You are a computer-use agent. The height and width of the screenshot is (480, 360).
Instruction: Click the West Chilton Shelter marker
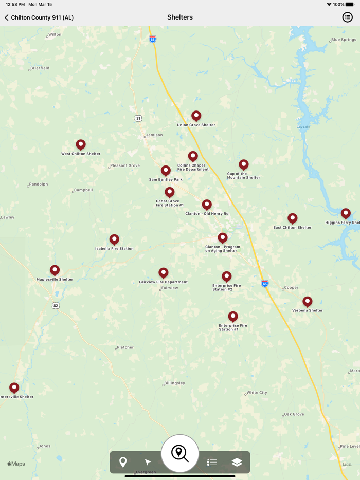coord(81,145)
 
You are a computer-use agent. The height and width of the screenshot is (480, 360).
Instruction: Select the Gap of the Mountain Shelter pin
coord(244,164)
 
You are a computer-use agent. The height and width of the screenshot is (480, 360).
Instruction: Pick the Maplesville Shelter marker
coord(55,270)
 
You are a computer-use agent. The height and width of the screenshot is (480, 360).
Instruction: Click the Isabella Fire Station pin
coord(114,239)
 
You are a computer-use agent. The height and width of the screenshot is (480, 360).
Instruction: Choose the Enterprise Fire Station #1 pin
coord(233,317)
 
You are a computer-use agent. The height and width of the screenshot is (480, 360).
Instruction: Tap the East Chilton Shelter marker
coord(293,218)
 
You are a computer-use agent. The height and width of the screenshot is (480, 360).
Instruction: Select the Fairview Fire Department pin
coord(164,273)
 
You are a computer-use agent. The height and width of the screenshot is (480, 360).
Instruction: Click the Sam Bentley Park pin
coord(166,171)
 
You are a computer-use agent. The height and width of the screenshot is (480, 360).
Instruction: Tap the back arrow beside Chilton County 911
coord(7,17)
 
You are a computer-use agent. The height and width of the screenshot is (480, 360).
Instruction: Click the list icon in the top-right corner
coord(348,17)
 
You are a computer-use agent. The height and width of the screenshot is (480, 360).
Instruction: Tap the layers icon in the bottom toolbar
coord(237,463)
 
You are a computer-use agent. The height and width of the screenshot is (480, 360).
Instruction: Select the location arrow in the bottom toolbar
coord(148,463)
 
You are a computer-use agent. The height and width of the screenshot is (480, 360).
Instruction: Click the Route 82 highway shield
coord(56,306)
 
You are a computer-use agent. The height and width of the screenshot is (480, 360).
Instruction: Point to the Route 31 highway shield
coord(138,118)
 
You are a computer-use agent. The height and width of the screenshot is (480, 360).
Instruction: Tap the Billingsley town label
coord(174,383)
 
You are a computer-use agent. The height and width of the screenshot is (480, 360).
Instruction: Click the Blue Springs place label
coord(344,40)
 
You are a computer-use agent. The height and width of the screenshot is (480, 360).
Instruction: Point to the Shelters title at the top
coord(180,17)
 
